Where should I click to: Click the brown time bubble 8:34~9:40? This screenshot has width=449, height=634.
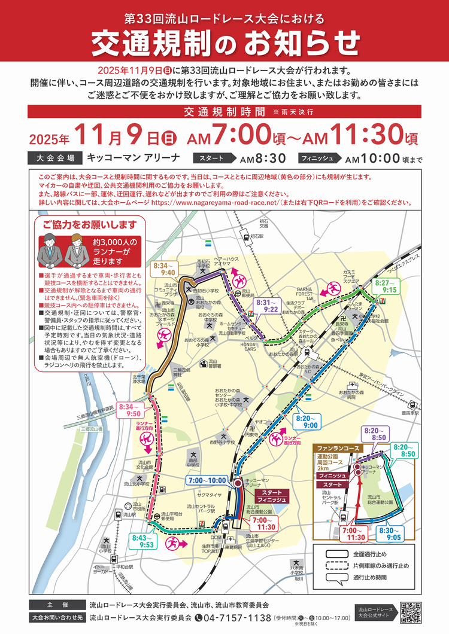coord(164,268)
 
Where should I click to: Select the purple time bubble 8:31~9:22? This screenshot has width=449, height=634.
coord(267,306)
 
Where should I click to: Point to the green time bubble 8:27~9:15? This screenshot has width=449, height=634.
coord(386,285)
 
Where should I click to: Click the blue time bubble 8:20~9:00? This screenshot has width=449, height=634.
coord(307,420)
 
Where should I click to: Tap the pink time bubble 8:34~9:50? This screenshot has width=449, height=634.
coord(130,410)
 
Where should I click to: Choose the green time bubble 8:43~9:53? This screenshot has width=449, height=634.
coord(140,541)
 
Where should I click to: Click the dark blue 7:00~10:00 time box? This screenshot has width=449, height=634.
coord(207,480)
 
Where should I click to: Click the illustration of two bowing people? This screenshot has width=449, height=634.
coord(63,250)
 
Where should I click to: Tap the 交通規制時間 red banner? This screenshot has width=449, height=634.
coord(224,111)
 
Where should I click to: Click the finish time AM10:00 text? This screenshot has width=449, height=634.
coord(372,159)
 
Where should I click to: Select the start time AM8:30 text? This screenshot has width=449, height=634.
coord(262,159)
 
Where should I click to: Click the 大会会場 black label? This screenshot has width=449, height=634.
coord(54,158)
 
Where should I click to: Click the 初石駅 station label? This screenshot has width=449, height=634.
coord(257,236)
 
